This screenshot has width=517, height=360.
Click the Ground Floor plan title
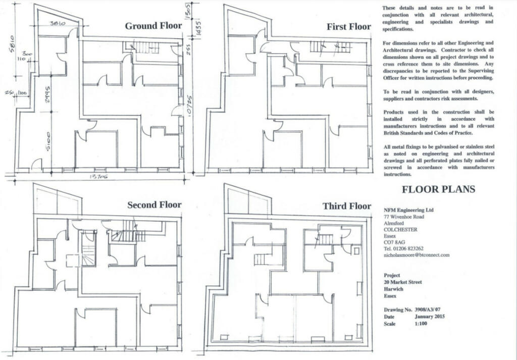153,26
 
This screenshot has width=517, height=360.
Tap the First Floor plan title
349,27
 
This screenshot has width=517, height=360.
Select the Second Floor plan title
154,204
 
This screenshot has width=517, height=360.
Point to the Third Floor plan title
347,206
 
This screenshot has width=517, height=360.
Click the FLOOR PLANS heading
438,190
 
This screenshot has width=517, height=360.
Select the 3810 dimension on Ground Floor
60,24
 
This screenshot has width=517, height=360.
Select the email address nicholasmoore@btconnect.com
416,255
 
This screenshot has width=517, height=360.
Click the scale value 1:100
421,323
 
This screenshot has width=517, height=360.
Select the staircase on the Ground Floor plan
147,48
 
